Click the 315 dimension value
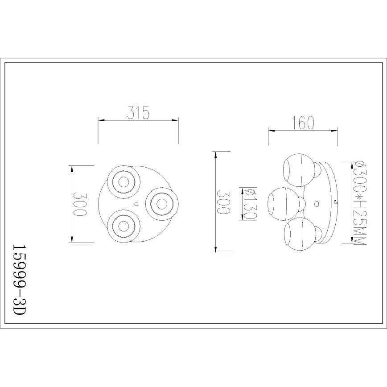point(137,113)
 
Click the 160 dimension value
point(303,123)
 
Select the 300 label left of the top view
point(80,204)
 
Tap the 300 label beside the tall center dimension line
point(224,203)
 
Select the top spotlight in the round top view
point(122,181)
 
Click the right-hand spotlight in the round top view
point(161,203)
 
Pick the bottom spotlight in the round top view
point(121,226)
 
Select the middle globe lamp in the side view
point(282,204)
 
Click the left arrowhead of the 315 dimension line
point(100,120)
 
